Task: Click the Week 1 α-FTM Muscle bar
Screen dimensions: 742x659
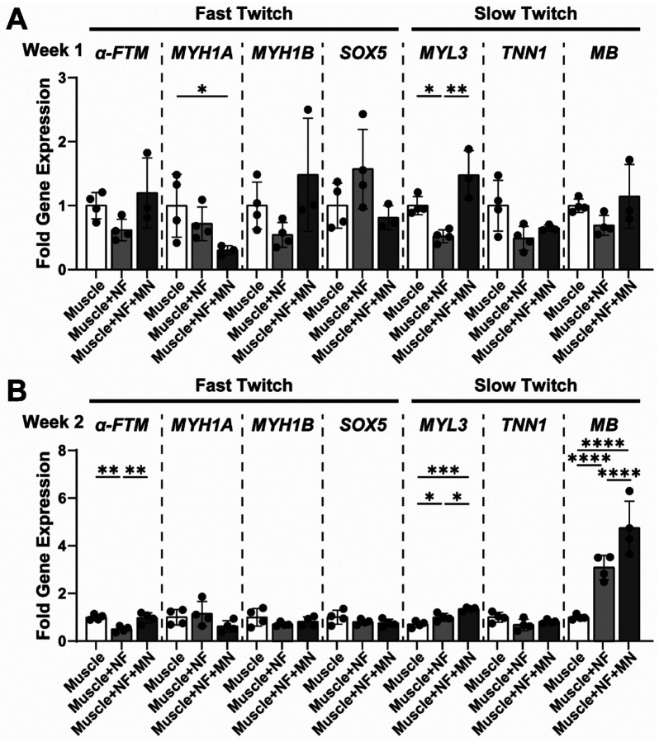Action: (x=97, y=237)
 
